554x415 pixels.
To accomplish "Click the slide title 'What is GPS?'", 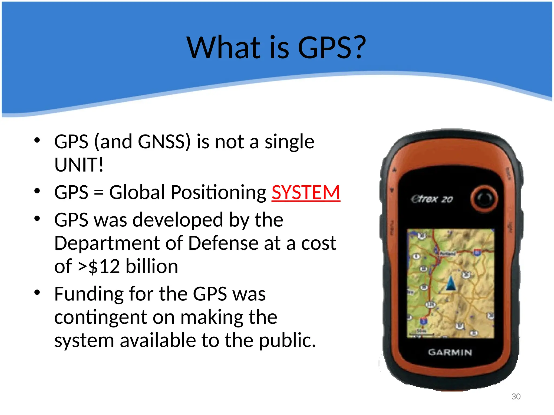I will point(276,48).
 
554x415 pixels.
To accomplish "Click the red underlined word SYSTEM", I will point(306,193).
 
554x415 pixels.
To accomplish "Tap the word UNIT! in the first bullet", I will point(79,165).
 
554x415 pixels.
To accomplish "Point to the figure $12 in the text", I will point(104,267).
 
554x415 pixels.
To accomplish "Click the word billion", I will point(152,266).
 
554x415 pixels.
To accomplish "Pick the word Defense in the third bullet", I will point(223,243).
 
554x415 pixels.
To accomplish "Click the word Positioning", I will point(219,193).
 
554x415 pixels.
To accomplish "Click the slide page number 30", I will point(516,396).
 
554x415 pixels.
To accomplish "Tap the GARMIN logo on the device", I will point(450,352).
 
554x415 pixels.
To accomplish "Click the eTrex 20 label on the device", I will point(432,199).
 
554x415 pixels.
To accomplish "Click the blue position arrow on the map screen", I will point(450,283).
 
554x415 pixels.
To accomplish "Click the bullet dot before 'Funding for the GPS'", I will point(37,292).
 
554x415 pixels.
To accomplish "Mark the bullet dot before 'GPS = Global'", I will point(37,191).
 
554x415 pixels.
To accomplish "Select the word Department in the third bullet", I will point(107,243).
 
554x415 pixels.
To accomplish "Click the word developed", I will point(178,220).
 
